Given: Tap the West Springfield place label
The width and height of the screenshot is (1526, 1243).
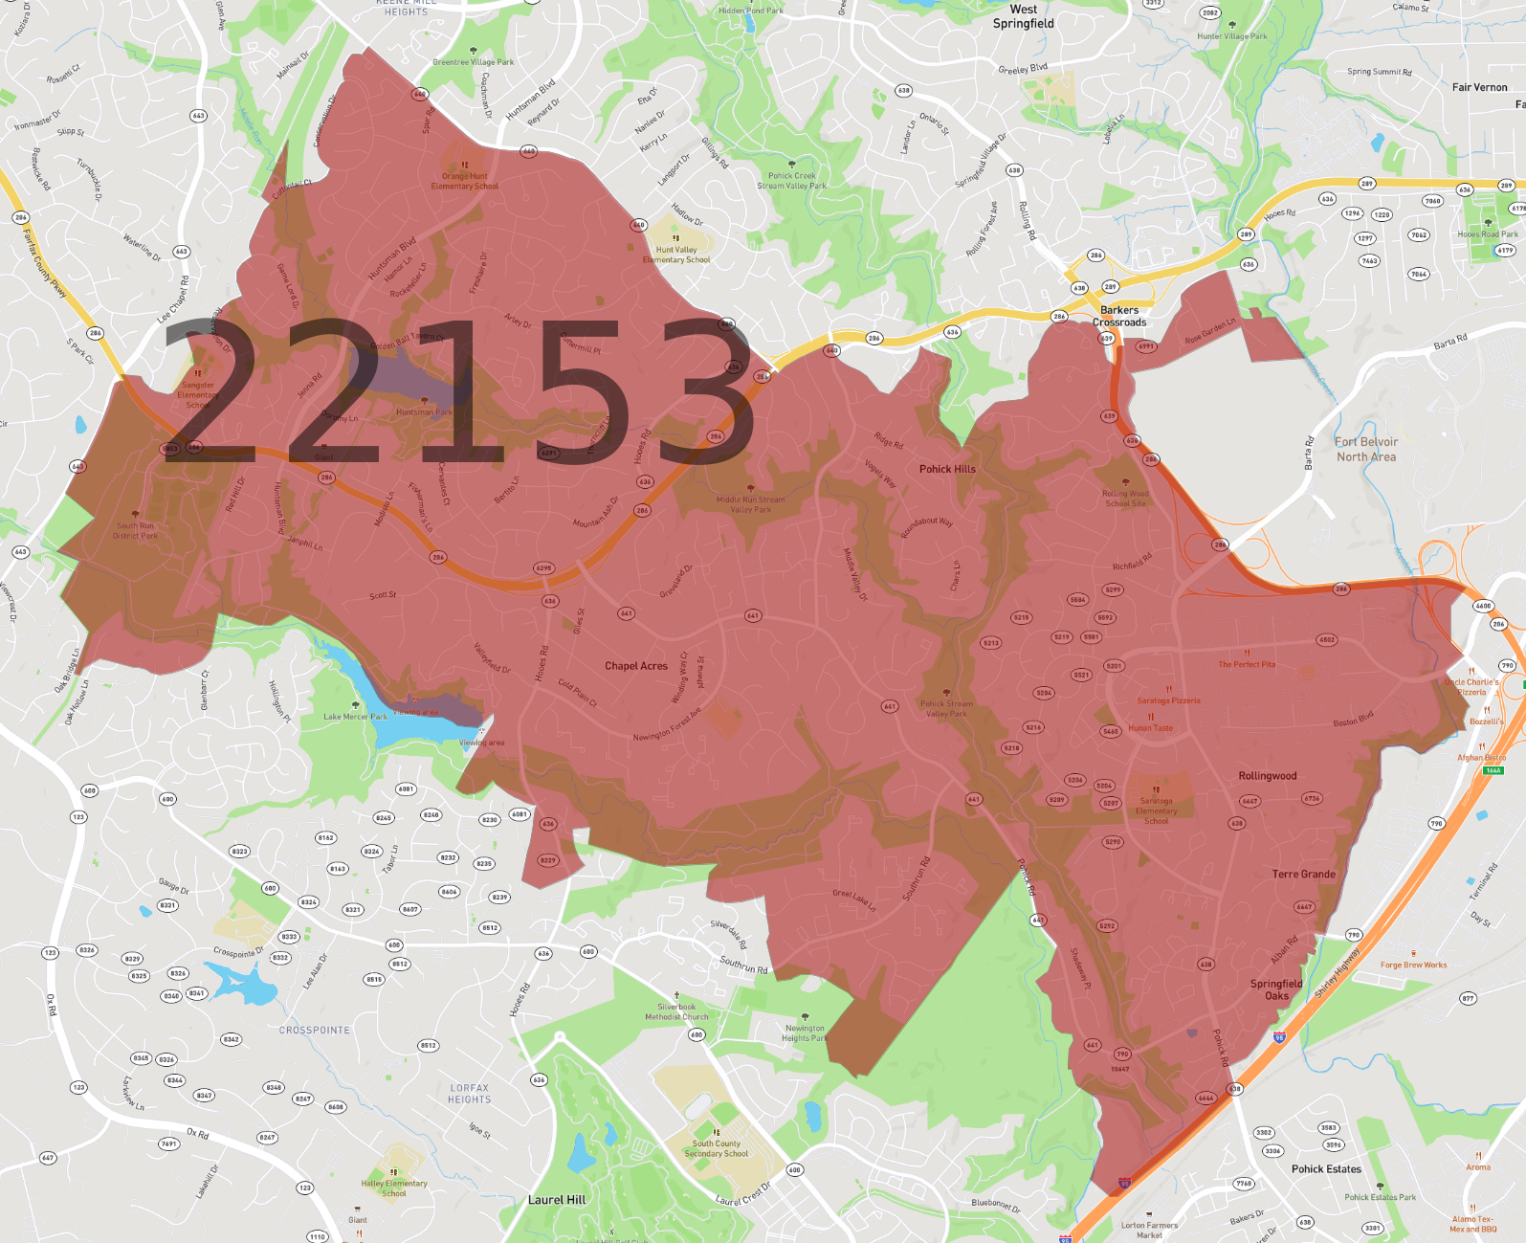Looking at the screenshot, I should [1023, 16].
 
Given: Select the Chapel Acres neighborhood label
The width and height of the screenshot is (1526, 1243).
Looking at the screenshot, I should [635, 666].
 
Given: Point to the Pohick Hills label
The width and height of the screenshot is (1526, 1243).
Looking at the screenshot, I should [947, 469].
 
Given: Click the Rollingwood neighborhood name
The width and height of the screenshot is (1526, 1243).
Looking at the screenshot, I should [1267, 776].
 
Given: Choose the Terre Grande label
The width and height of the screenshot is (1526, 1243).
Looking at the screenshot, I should [1303, 875].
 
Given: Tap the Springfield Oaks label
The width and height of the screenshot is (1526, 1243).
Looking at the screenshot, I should [1276, 989].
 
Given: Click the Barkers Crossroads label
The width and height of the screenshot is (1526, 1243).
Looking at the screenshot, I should [1119, 316].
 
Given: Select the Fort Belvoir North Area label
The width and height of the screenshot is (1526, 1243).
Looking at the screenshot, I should [1366, 449].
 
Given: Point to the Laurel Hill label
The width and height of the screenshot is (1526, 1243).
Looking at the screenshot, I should [557, 1200].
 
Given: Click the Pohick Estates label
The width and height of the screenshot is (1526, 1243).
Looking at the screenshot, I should [1325, 1169].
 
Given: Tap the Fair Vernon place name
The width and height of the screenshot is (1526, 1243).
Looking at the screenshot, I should [1479, 87].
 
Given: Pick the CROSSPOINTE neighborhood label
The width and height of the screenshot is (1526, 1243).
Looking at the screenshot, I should [315, 1031].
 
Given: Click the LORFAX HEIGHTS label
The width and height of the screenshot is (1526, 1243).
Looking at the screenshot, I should [469, 1094].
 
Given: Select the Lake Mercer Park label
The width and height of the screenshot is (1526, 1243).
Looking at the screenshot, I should [355, 717].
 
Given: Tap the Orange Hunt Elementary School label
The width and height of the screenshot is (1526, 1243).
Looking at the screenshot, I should [464, 181].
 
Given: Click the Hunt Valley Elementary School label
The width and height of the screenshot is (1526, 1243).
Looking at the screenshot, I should [676, 255].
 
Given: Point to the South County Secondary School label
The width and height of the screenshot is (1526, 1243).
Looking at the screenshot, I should [716, 1148].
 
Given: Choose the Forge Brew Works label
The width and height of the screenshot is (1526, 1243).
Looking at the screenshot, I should [1413, 966].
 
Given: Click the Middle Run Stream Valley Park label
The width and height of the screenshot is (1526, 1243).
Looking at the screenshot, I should [750, 504].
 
